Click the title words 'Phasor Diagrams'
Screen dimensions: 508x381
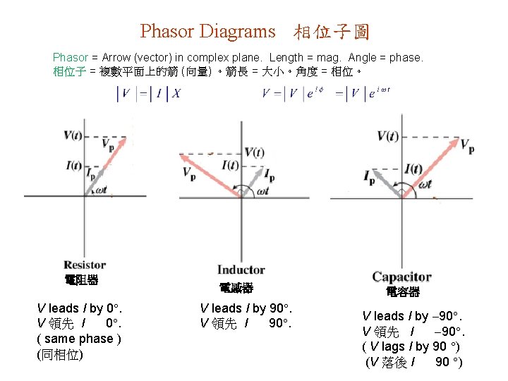[207, 31]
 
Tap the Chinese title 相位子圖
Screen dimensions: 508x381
[332, 32]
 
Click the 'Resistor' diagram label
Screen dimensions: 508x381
[85, 265]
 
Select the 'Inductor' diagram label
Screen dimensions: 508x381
[241, 270]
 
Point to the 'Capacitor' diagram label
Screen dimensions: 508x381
[401, 277]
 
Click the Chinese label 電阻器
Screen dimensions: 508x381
[81, 280]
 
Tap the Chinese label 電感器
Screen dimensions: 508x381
[236, 288]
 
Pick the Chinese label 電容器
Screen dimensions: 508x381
[403, 291]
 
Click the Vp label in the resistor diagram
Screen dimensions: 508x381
[108, 145]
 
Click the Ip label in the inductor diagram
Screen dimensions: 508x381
[270, 173]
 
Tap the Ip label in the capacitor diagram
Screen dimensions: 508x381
[370, 177]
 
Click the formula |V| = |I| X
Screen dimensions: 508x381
[149, 94]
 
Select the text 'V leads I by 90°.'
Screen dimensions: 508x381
[246, 308]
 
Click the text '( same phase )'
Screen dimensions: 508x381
[80, 339]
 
